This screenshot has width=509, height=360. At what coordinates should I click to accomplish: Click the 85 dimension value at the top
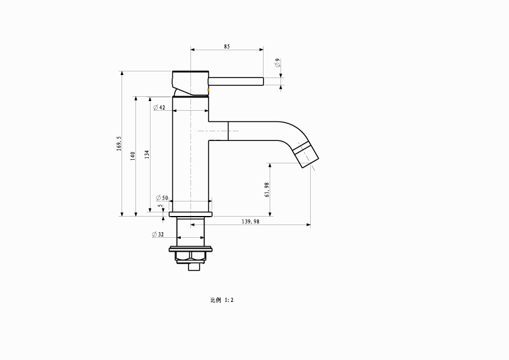point(227,47)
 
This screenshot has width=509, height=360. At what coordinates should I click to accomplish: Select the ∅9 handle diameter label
point(277,63)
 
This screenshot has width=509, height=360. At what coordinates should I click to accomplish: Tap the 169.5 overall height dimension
point(119,143)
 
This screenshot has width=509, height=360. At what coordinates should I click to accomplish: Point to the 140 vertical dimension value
point(132,156)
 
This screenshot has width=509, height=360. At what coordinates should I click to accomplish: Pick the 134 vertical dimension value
point(147,154)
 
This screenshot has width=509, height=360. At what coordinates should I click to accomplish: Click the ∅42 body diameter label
point(160,107)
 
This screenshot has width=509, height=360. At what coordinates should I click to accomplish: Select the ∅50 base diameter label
point(162,197)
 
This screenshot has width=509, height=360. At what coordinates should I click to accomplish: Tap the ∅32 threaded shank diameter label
point(158,234)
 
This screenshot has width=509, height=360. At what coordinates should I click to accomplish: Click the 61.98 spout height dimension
point(267,189)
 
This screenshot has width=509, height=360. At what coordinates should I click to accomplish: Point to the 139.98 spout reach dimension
point(251,221)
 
